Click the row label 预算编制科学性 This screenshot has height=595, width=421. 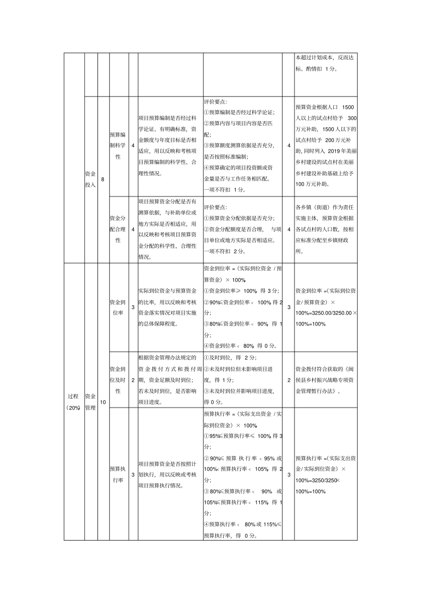tap(117, 146)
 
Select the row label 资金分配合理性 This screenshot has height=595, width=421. tap(117, 229)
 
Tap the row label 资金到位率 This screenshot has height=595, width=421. tap(117, 307)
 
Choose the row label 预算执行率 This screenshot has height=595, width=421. tap(117, 474)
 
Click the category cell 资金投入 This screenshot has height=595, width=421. tap(90, 180)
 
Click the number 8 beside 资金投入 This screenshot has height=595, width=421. tap(103, 179)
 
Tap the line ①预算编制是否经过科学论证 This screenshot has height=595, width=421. tap(239, 112)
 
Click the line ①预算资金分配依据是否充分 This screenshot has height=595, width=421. tap(239, 218)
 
